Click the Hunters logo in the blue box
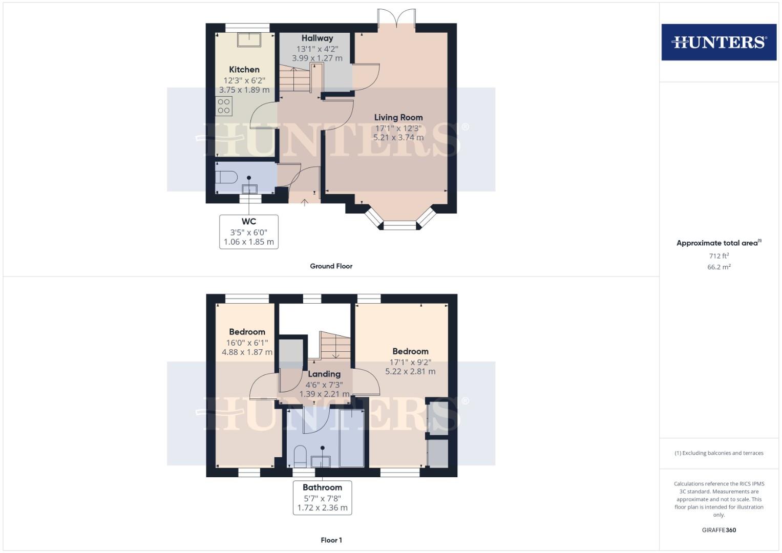pyautogui.click(x=718, y=42)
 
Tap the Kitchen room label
pyautogui.click(x=244, y=70)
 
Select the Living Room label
pyautogui.click(x=398, y=117)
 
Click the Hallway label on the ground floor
pyautogui.click(x=317, y=38)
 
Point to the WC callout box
pyautogui.click(x=249, y=232)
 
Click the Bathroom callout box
pyautogui.click(x=322, y=497)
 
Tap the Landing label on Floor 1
pyautogui.click(x=324, y=374)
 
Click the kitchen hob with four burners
pyautogui.click(x=224, y=106)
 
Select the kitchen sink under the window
pyautogui.click(x=249, y=39)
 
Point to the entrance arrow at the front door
pyautogui.click(x=304, y=203)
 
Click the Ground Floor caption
pyautogui.click(x=331, y=266)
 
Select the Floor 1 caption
pyautogui.click(x=331, y=540)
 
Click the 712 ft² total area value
pyautogui.click(x=718, y=256)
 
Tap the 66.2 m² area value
pyautogui.click(x=718, y=267)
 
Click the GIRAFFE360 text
pyautogui.click(x=718, y=530)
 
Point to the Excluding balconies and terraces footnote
pyautogui.click(x=718, y=453)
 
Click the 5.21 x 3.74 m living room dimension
pyautogui.click(x=398, y=137)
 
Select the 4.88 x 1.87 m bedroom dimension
pyautogui.click(x=247, y=352)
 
